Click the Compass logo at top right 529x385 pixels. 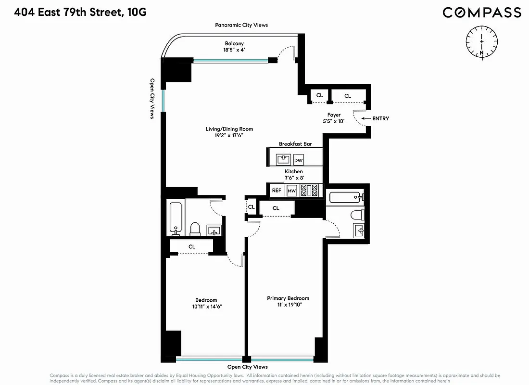click(482, 13)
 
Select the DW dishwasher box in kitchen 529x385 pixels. click(298, 160)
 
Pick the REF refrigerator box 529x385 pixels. click(277, 191)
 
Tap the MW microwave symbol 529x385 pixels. click(291, 191)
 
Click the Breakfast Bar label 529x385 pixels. click(295, 144)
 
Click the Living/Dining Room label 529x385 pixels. click(229, 129)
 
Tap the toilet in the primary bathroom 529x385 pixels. click(355, 214)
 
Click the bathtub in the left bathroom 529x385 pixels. click(176, 218)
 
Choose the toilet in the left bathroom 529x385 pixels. click(195, 228)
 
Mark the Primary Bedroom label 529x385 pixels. click(288, 298)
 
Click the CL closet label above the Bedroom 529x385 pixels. click(192, 246)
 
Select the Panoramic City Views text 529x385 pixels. click(241, 25)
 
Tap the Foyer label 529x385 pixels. click(334, 115)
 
